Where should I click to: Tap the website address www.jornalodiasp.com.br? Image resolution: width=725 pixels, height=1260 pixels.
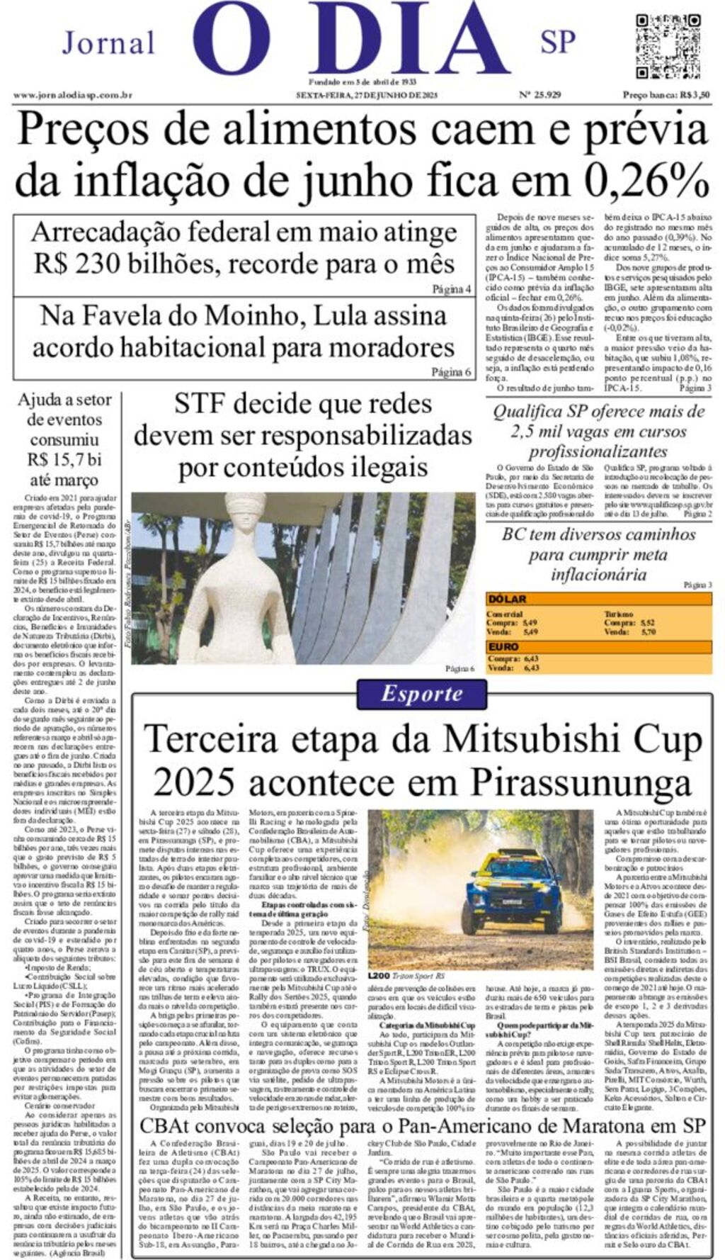click(x=73, y=95)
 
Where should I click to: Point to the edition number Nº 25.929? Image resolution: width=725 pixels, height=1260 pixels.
click(x=540, y=95)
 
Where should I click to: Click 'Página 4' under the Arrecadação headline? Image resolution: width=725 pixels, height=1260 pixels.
click(x=451, y=289)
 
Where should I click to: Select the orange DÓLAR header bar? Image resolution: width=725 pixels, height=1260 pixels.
click(x=598, y=600)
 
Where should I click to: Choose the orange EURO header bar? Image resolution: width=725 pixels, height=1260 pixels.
click(x=598, y=646)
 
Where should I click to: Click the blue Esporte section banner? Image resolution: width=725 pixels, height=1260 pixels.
click(x=421, y=694)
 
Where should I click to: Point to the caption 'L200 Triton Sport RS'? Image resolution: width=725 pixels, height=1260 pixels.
click(x=406, y=976)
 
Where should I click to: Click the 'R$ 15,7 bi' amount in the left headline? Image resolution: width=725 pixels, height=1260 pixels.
click(x=64, y=459)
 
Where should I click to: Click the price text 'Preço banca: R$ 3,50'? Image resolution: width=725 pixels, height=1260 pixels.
click(x=666, y=95)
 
